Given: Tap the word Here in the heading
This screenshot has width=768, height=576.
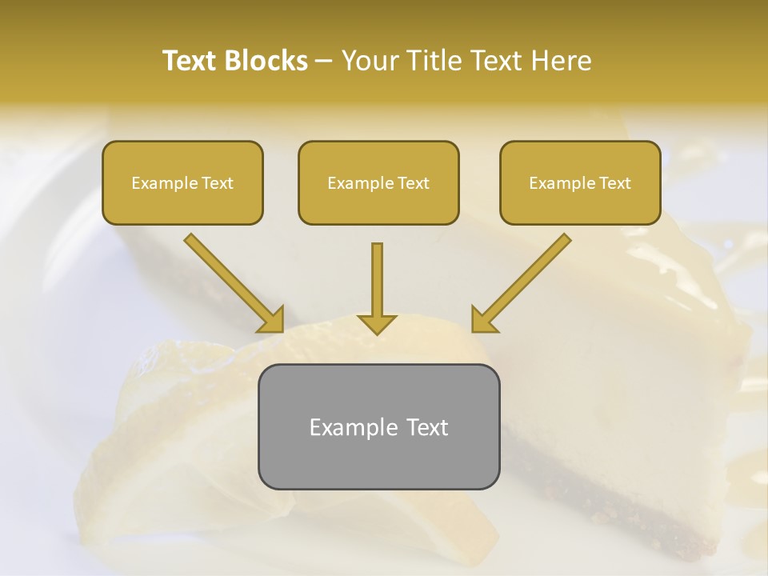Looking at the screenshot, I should tap(562, 61).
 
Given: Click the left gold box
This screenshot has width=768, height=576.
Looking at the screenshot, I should tap(182, 183).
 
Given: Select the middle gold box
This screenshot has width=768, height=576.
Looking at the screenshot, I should tap(378, 183).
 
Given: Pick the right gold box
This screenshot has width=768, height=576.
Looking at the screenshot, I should tap(580, 183).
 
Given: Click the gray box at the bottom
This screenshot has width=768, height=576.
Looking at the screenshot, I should tap(378, 427).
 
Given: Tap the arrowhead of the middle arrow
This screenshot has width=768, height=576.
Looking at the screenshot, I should tap(377, 322).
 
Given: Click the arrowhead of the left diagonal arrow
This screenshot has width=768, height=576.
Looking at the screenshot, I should tap(272, 320).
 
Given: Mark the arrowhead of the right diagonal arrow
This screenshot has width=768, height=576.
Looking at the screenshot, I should tap(483, 320).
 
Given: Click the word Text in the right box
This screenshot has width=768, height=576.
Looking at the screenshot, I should tap(614, 183).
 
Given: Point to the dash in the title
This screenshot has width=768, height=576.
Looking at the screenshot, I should tap(324, 62).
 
